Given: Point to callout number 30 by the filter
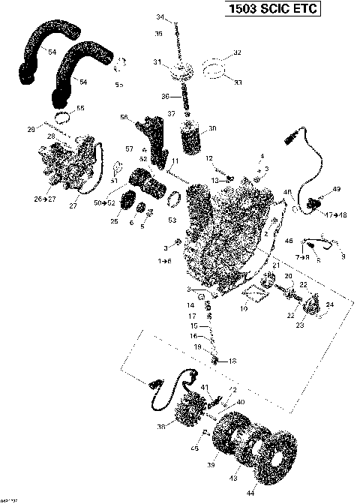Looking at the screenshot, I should tap(212, 128).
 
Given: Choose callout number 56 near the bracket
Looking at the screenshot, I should tap(124, 117).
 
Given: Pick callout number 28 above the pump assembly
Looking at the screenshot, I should tap(52, 136).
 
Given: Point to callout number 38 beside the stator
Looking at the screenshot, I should tap(160, 427).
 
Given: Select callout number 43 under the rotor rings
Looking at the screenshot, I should tap(238, 478).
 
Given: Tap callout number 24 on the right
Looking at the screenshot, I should tap(328, 304).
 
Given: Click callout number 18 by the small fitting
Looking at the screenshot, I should tap(232, 361).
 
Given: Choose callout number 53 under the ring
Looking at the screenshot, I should tap(172, 220).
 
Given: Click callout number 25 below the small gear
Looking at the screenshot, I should tap(115, 221).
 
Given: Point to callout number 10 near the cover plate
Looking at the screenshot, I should tap(243, 308).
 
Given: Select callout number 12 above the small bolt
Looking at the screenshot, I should tap(211, 157).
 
